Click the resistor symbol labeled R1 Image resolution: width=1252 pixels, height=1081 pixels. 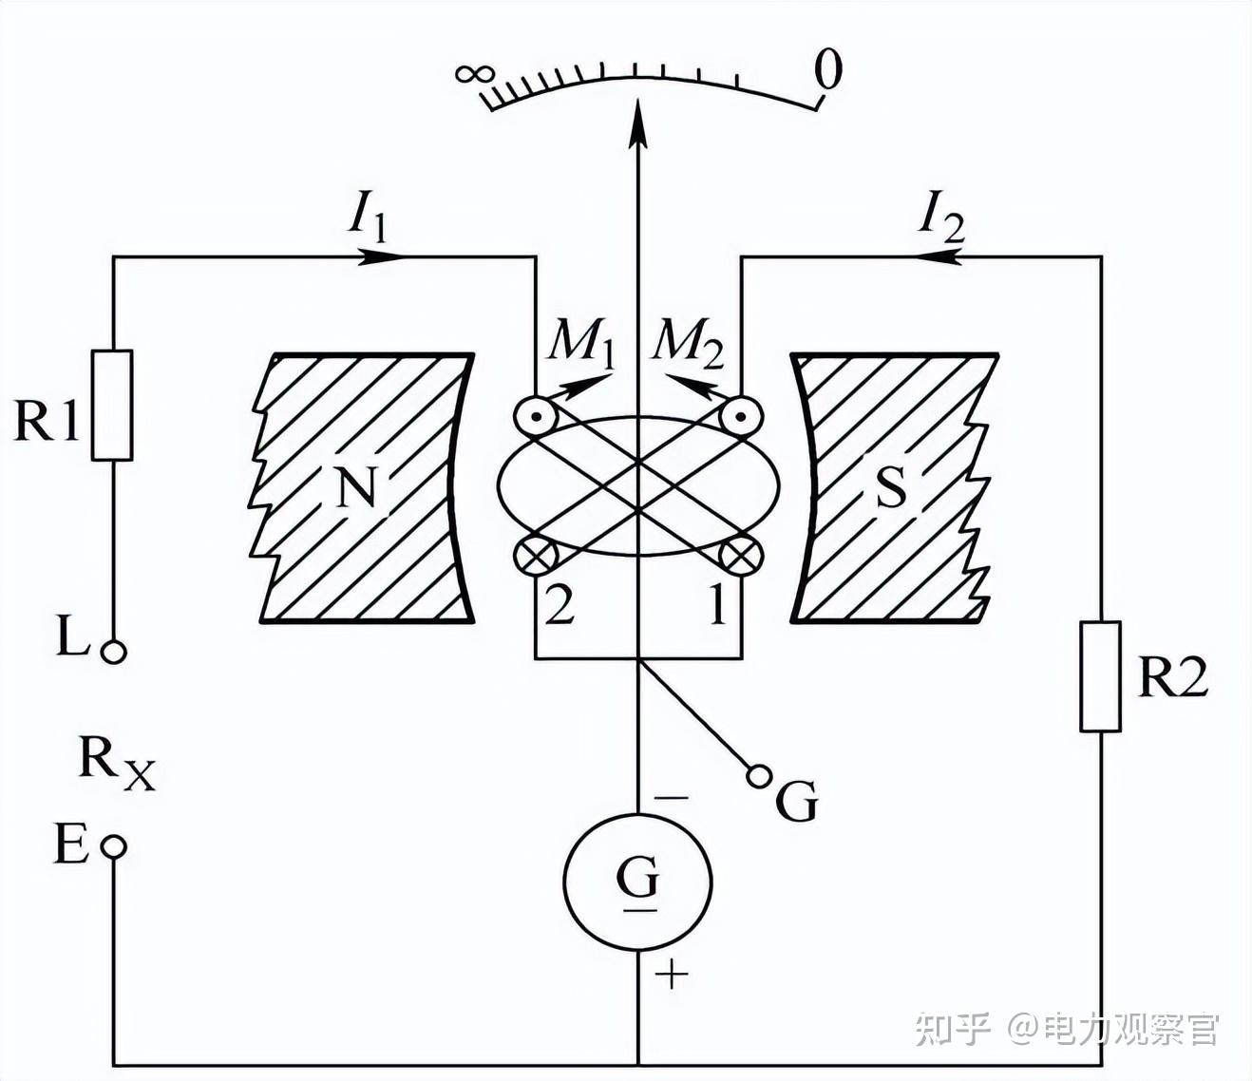coord(112,406)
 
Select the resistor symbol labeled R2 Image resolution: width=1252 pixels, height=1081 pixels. coord(1100,675)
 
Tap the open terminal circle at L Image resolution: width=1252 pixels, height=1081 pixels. coord(113,652)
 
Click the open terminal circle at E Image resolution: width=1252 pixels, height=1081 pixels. coord(113,846)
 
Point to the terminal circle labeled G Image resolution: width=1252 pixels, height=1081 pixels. coord(758,775)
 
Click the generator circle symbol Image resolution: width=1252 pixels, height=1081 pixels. coord(637,882)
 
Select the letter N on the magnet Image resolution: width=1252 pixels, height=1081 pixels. coord(357,487)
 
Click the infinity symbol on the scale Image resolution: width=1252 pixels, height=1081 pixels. coord(476,74)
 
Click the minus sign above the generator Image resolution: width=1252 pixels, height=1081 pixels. coord(672,798)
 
